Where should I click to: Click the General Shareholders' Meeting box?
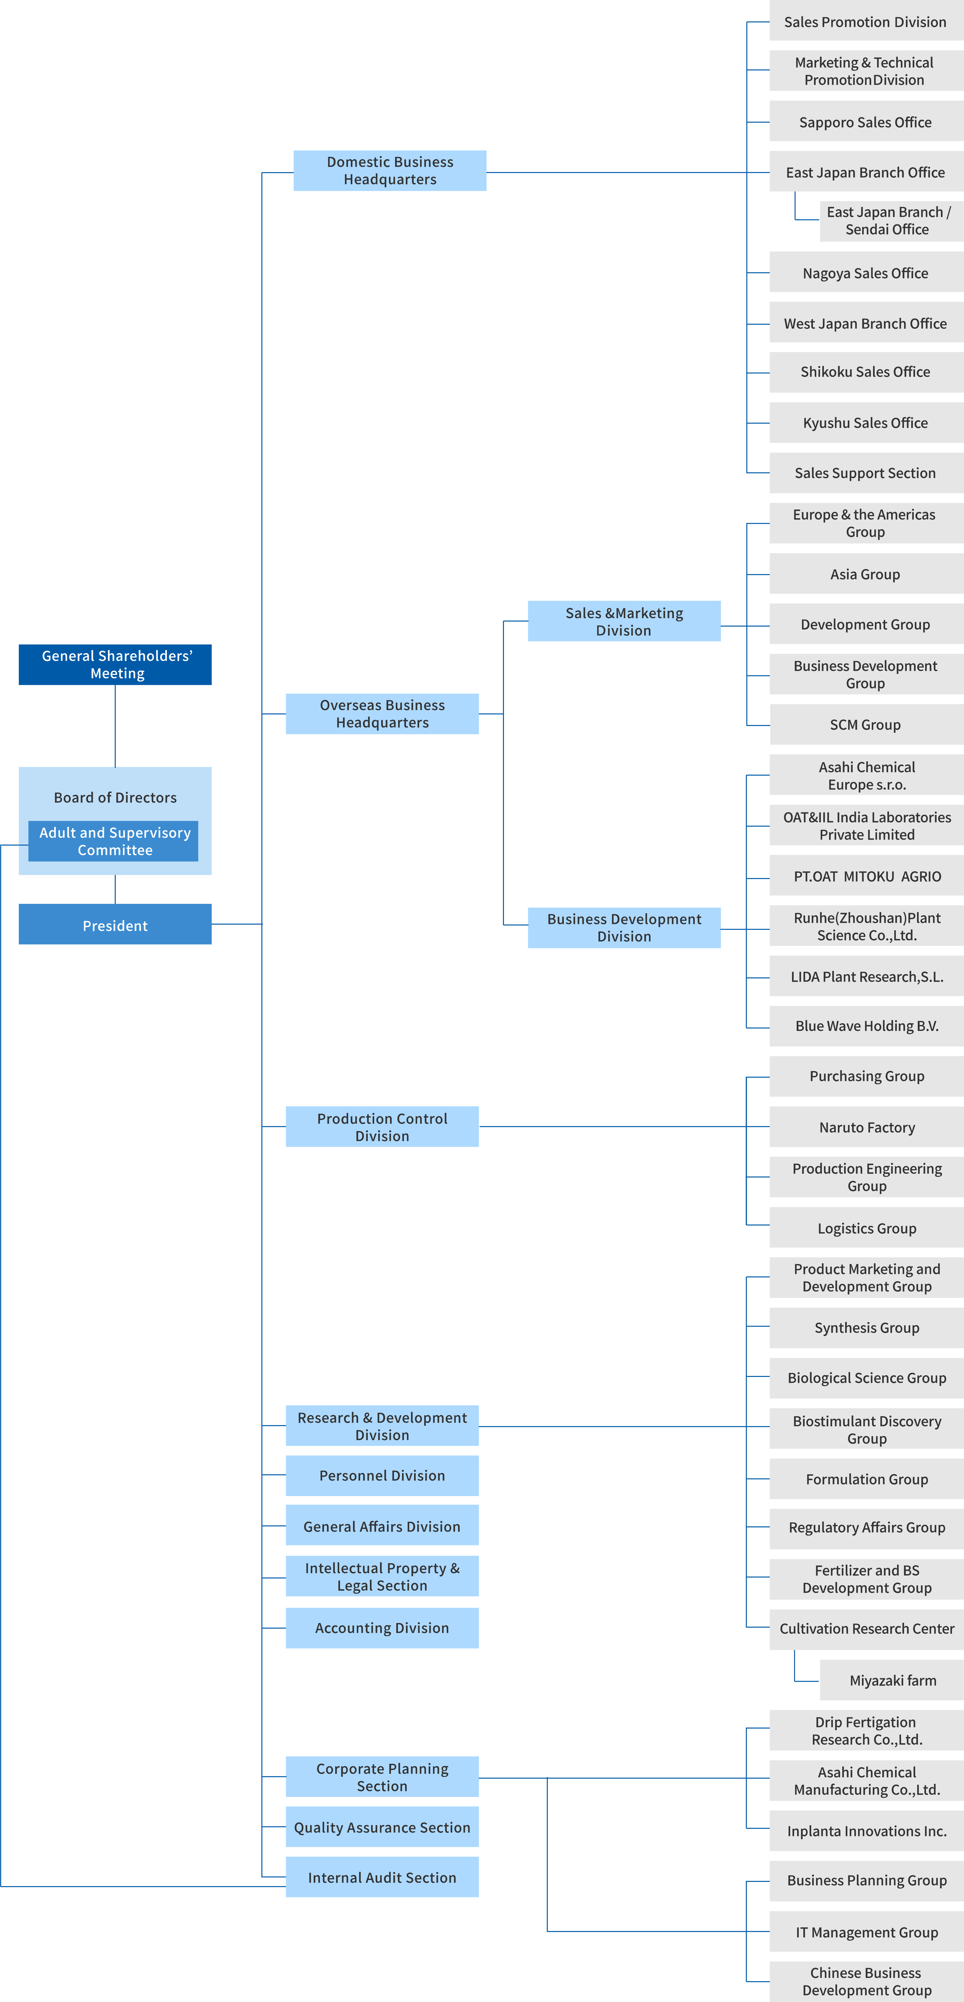coord(115,664)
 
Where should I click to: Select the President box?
coord(115,924)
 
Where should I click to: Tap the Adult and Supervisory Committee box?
coord(113,841)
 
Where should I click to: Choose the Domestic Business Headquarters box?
coord(390,170)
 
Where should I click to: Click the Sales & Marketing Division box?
coord(624,621)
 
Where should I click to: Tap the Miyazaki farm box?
coord(892,1680)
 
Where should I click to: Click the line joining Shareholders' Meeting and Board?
coord(115,726)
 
